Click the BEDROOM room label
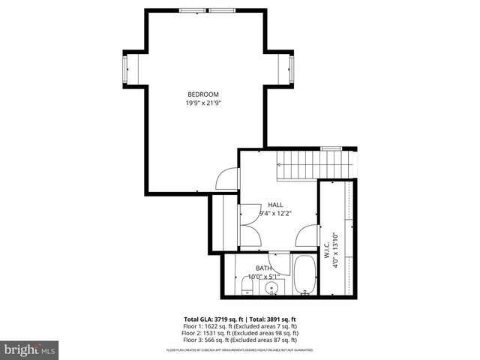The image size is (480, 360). click(203, 94)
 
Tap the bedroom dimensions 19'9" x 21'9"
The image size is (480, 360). click(203, 103)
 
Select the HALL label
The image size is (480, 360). click(275, 205)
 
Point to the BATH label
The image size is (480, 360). click(264, 268)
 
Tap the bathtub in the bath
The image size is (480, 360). click(304, 275)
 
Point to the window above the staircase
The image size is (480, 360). click(331, 149)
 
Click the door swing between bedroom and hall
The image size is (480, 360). click(227, 178)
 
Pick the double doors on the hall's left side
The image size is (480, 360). click(249, 225)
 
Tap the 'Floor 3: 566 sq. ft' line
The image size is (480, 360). click(241, 338)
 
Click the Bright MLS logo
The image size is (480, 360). click(30, 349)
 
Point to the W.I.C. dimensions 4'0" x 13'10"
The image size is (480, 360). click(337, 250)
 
